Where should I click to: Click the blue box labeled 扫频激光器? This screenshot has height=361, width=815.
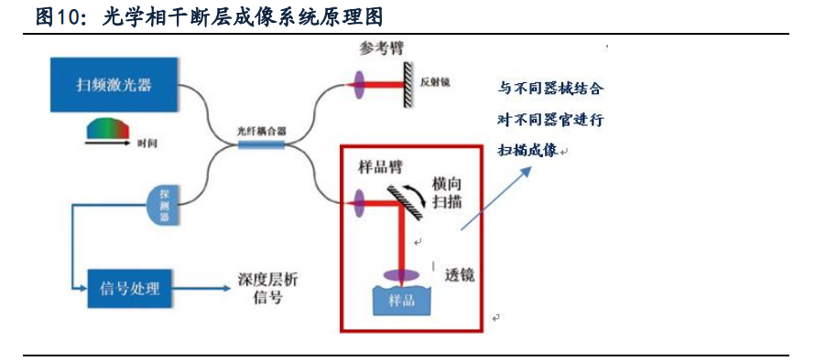[113, 85]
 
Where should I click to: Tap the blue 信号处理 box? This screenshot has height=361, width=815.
[128, 288]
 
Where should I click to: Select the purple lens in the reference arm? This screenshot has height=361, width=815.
[355, 88]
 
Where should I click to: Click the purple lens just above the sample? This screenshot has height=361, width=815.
[401, 273]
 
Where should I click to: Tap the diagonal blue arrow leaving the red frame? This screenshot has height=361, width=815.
[496, 197]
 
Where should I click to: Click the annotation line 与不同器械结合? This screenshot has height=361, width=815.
[550, 90]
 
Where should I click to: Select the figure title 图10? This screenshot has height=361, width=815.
[56, 16]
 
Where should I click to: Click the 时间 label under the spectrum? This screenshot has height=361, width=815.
[147, 143]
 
